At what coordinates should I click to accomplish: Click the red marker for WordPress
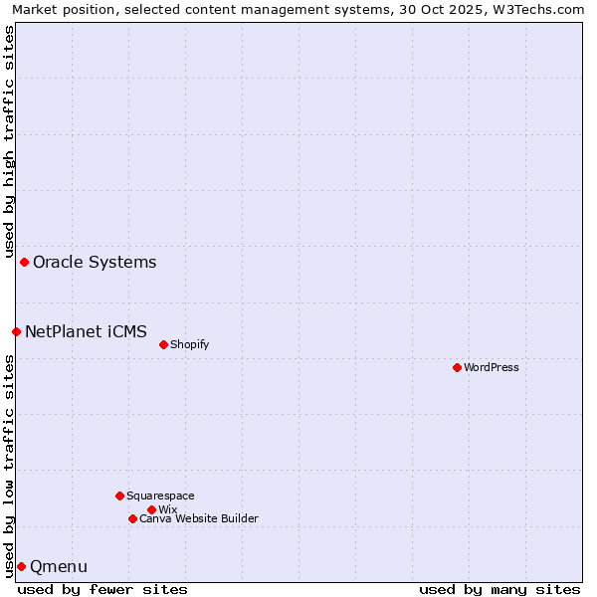coord(457,367)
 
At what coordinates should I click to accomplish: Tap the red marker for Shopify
coord(163,344)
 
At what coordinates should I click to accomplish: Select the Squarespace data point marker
coord(119,496)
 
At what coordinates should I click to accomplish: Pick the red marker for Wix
coord(151,509)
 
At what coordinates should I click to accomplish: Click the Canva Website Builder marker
coord(132,518)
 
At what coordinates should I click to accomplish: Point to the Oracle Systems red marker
coord(24,262)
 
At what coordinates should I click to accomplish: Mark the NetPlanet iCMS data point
coord(16,331)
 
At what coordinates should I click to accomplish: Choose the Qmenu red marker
coord(21,566)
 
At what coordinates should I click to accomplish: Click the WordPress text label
coord(492,367)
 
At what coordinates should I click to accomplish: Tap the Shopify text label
coord(190,344)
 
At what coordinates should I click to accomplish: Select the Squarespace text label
coord(160,496)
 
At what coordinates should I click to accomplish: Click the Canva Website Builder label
coord(199,518)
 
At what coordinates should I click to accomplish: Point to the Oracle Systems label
coord(95,263)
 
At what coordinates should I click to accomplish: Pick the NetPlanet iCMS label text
coord(86,331)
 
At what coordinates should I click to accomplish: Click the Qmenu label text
coord(59,567)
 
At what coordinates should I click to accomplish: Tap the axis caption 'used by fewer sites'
coord(102,589)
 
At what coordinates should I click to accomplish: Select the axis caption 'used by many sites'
coord(499,589)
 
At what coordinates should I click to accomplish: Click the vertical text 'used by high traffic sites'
coord(9,141)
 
